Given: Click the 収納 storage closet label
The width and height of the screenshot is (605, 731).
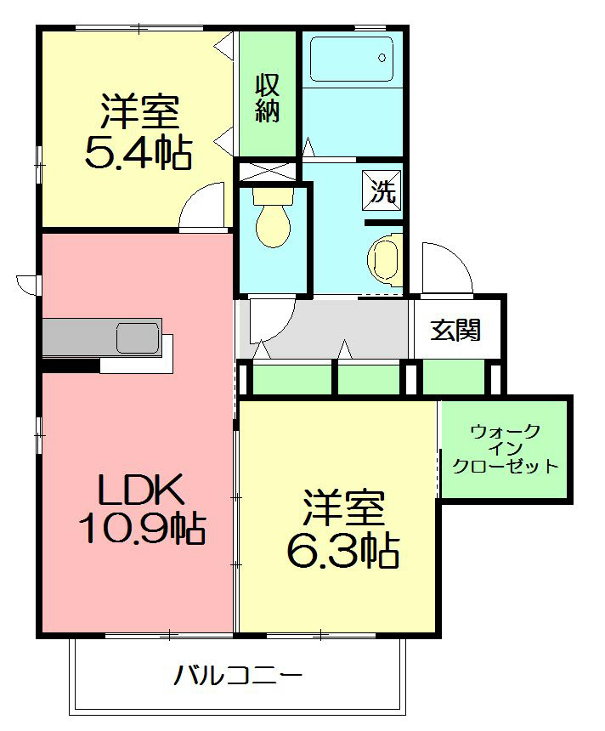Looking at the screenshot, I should (x=268, y=98).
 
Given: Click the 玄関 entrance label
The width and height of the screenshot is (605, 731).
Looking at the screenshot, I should (x=455, y=330).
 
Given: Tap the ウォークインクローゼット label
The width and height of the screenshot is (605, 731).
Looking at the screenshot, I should (x=505, y=449).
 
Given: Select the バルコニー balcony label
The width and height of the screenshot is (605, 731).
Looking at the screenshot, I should (x=239, y=677).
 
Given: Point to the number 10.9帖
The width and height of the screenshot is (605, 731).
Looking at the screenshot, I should (x=141, y=530).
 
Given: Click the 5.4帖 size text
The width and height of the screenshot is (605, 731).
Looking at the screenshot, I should (x=137, y=153).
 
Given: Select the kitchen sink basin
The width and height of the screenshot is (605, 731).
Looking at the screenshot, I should (x=138, y=337).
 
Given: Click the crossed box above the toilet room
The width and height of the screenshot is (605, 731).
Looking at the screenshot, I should (x=266, y=171).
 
